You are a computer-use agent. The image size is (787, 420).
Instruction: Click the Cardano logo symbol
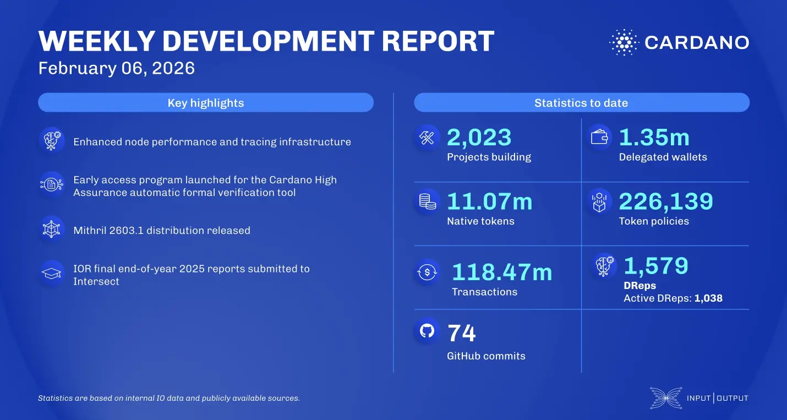tap(624, 42)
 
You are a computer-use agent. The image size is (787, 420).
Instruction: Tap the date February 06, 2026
tap(117, 68)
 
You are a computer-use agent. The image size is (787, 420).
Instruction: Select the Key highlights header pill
tap(206, 103)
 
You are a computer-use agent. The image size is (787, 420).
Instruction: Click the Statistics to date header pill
tap(581, 103)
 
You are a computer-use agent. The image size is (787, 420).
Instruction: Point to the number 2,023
tap(479, 138)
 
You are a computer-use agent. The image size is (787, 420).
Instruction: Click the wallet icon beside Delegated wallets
tap(599, 138)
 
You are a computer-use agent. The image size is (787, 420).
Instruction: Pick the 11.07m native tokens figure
tap(489, 201)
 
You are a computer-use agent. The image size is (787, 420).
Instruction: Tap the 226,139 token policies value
tap(666, 201)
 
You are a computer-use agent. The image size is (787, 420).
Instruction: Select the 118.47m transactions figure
tap(501, 272)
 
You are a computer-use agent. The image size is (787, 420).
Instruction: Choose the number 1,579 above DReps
tap(656, 266)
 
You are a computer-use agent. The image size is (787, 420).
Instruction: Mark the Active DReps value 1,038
tap(708, 298)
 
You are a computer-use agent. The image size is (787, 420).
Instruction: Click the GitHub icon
tap(428, 330)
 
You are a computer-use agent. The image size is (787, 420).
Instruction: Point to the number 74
tap(461, 333)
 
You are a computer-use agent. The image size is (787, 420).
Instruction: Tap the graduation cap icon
tap(52, 274)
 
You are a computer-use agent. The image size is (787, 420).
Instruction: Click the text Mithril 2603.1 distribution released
tap(162, 230)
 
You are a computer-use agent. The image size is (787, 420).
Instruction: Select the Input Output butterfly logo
tap(665, 398)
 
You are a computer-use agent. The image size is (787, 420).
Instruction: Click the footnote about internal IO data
tap(168, 398)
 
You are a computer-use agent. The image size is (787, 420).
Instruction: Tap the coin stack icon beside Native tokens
tap(428, 202)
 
